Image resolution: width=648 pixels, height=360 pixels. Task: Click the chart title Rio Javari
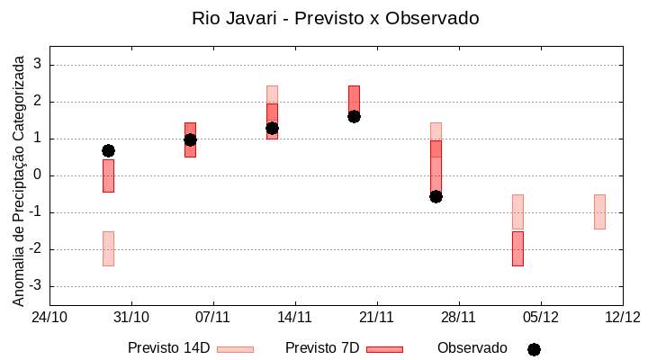tap(335, 18)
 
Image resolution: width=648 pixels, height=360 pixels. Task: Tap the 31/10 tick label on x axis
tap(131, 317)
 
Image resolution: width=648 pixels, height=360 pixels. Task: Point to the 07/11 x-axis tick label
tap(213, 317)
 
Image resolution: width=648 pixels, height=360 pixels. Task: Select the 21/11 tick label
tap(376, 317)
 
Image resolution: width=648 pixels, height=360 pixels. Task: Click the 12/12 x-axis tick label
tap(622, 317)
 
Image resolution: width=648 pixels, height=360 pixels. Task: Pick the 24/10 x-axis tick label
tap(49, 317)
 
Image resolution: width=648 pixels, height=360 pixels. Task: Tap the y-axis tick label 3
tap(38, 65)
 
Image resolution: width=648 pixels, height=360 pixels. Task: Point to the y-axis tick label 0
tap(38, 175)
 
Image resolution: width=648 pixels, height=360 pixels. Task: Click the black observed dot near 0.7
tap(108, 150)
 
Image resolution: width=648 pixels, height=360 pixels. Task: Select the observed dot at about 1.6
tap(354, 116)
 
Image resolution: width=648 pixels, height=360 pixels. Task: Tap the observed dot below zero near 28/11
tap(436, 196)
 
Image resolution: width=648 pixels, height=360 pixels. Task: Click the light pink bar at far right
tap(599, 211)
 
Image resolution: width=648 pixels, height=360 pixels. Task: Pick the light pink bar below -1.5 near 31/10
tap(108, 248)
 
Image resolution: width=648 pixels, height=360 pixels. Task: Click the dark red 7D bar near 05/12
tap(517, 248)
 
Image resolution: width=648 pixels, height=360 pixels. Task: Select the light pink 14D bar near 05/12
tap(517, 211)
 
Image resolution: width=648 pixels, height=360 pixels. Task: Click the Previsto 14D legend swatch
tap(235, 349)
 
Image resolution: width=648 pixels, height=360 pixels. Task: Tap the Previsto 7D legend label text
tap(322, 348)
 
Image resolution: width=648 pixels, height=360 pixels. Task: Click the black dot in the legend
tap(534, 349)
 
